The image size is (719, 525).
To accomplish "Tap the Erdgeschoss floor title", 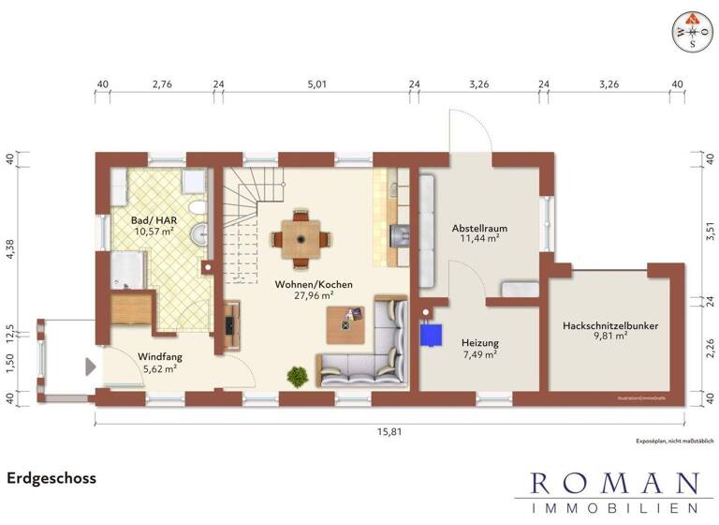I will pyautogui.click(x=51, y=478).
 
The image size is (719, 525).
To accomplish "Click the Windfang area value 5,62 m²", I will pyautogui.click(x=159, y=369).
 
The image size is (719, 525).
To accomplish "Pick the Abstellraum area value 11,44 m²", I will pyautogui.click(x=477, y=239).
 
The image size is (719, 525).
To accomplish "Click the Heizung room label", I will pyautogui.click(x=479, y=343).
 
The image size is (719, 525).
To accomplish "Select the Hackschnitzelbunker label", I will pyautogui.click(x=610, y=325).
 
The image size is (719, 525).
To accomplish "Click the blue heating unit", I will pyautogui.click(x=431, y=335).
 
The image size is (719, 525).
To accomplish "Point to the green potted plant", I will pyautogui.click(x=298, y=376).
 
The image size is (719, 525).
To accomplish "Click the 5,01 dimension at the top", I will pyautogui.click(x=315, y=84).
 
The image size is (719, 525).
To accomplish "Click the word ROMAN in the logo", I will pyautogui.click(x=613, y=484).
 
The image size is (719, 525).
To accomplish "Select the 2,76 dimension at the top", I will pyautogui.click(x=162, y=84).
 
